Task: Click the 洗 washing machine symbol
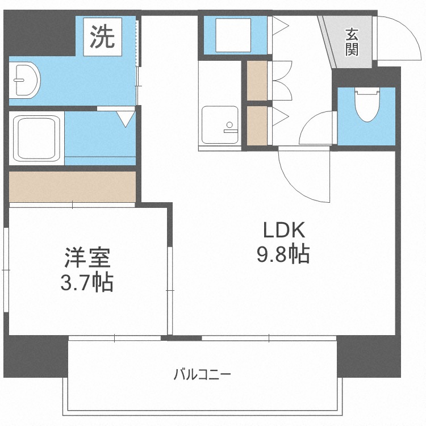click(102, 37)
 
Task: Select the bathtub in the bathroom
click(37, 138)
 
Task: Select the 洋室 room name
click(87, 257)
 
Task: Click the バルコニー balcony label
click(202, 374)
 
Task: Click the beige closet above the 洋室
click(72, 186)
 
